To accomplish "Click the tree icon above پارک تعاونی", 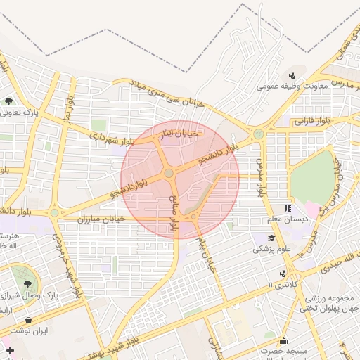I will click(x=9, y=101).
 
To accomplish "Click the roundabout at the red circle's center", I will click(x=169, y=173).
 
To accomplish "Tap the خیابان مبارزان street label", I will click(x=101, y=219).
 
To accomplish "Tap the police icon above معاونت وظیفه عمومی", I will click(x=292, y=75).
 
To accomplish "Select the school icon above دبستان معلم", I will click(x=287, y=208).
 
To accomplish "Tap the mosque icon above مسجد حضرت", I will click(x=283, y=339).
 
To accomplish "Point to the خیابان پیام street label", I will click(x=205, y=254).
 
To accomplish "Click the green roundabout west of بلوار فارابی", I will click(x=259, y=134).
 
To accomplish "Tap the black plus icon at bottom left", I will click(x=9, y=350).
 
